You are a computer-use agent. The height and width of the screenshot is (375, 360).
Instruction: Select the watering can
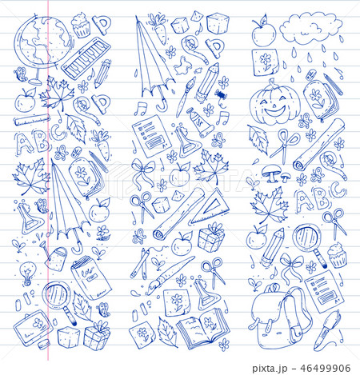pos(57,256)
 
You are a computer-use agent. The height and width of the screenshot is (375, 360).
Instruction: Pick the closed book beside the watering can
pos(84,276)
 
